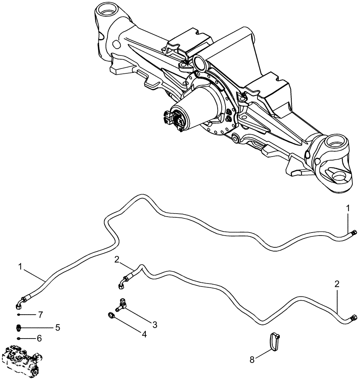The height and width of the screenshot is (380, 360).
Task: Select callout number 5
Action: [58, 327]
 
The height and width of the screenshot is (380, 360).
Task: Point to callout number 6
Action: [39, 338]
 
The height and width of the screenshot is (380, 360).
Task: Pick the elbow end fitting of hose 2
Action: [122, 283]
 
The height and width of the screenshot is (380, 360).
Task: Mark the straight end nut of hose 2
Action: [354, 318]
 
